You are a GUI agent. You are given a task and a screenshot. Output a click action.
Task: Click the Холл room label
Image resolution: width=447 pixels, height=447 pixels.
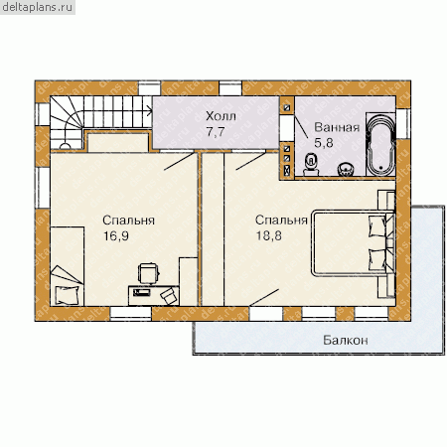221,116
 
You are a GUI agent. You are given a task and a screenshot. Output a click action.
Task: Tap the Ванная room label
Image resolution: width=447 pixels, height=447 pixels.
337,127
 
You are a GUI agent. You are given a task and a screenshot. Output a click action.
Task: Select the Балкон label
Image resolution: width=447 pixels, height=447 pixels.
346,341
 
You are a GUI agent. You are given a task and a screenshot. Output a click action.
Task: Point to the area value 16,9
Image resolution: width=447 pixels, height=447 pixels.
116,236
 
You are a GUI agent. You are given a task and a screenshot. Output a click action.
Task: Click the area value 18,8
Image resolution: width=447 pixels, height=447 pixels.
268,236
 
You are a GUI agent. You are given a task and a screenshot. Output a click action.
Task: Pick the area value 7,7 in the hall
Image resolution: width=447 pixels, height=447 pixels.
216,132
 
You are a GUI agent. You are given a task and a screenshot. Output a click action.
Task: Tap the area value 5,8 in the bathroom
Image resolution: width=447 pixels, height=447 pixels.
324,143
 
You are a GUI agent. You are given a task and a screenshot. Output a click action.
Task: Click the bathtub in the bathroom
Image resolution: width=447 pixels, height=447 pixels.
380,144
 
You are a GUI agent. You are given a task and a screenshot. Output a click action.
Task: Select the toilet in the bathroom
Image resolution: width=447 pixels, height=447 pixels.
311,164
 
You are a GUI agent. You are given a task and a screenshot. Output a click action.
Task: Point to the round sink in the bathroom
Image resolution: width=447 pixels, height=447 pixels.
346,169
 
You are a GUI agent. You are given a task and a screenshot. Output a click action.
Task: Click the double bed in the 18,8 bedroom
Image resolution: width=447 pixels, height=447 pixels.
353,243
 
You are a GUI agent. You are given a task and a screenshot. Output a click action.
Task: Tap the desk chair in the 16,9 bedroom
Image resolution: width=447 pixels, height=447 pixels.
148,273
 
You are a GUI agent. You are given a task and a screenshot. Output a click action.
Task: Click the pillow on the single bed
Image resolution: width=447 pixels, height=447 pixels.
68,295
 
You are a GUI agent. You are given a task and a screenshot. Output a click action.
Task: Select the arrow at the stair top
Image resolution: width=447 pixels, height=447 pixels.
148,111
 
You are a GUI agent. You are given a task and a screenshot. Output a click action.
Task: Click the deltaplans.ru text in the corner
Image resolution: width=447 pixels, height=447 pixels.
37,7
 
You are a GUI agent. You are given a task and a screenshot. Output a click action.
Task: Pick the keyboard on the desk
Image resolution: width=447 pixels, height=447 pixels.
141,292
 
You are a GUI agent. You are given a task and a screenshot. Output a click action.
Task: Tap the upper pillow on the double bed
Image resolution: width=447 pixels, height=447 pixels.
377,226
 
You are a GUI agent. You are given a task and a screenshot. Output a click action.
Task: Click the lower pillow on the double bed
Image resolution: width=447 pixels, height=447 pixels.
377,260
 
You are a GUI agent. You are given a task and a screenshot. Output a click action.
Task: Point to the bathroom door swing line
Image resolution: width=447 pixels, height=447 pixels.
301,126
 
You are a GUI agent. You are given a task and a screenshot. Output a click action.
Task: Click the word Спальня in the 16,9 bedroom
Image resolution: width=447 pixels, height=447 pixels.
128,221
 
